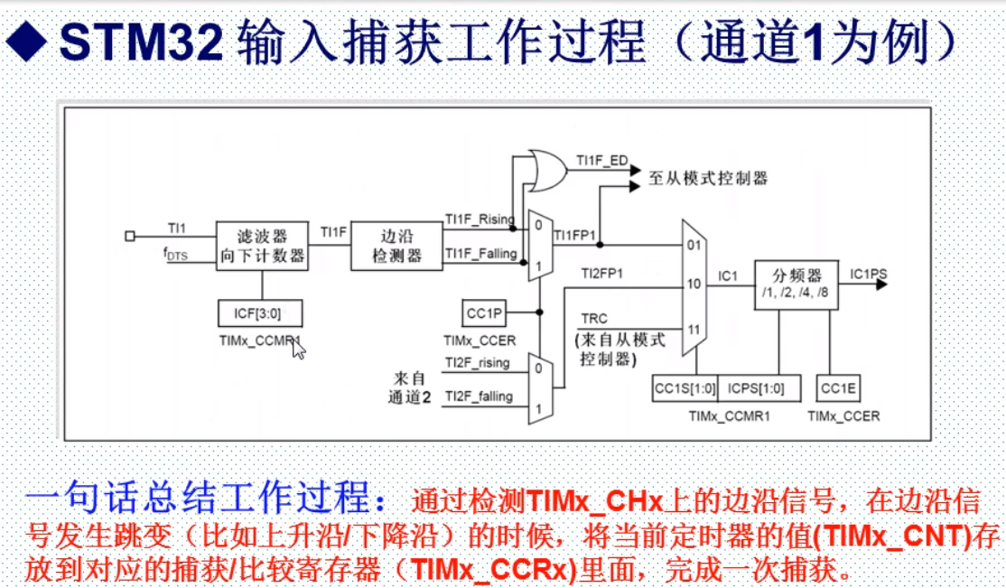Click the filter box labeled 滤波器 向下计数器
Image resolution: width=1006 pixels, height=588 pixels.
[x=262, y=246]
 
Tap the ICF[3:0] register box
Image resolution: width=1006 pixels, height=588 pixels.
[x=261, y=313]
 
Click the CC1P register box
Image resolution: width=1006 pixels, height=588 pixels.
[x=485, y=313]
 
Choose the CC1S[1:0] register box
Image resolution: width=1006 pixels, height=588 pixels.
[x=685, y=389]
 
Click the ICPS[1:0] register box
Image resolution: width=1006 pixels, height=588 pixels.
[x=750, y=389]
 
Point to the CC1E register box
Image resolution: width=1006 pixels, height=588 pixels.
[x=838, y=389]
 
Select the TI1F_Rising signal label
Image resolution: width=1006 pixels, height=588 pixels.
[x=479, y=219]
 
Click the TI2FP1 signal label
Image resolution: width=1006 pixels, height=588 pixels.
[x=601, y=272]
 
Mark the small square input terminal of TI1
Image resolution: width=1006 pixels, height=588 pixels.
[x=130, y=236]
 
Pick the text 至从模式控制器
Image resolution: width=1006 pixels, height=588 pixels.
[x=708, y=178]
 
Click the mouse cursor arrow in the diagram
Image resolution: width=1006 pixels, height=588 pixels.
[x=298, y=348]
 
